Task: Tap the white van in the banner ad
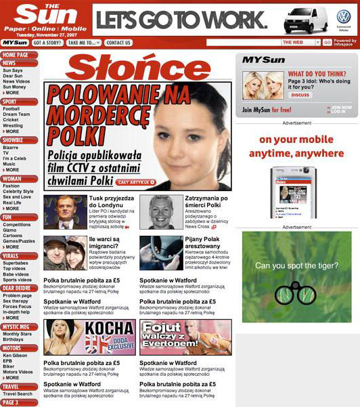point(305,20)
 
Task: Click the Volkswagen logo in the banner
point(344,18)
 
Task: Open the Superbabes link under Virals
point(16,263)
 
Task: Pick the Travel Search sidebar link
point(18,393)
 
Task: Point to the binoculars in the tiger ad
point(295,293)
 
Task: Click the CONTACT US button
point(118,43)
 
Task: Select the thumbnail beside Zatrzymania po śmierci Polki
point(161,212)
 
